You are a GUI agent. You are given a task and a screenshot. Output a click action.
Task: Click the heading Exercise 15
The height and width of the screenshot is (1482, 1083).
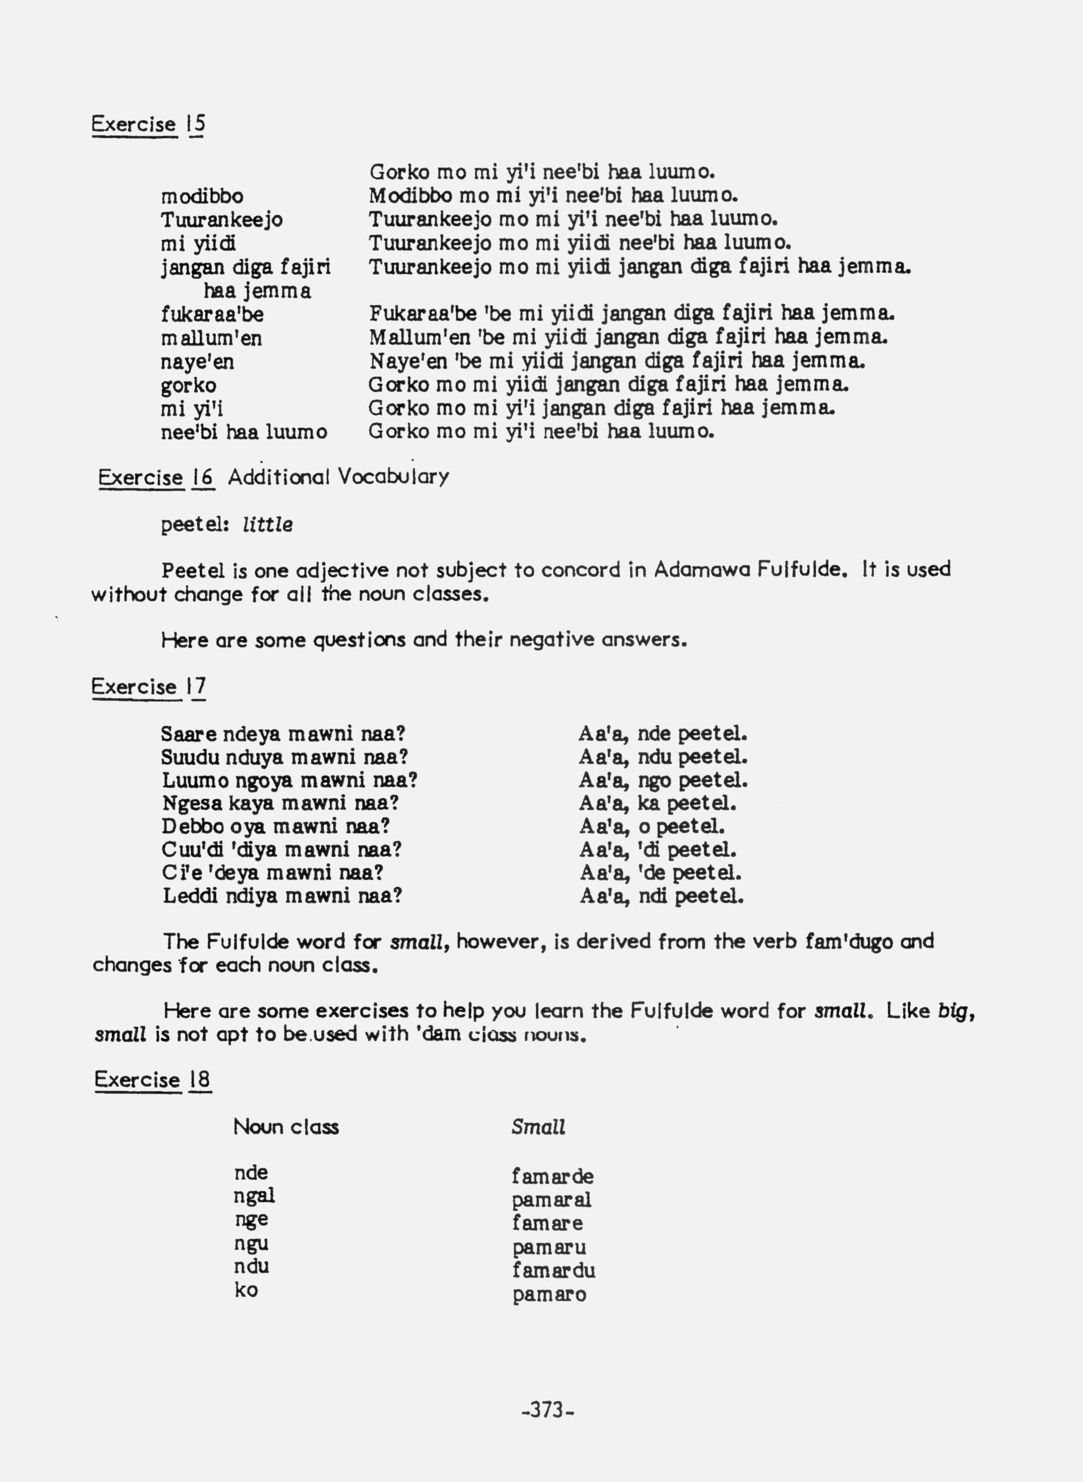click(148, 124)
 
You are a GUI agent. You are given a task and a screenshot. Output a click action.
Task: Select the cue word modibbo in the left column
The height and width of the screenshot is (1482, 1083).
click(202, 196)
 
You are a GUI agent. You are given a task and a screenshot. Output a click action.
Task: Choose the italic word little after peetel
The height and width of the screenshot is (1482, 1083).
click(268, 525)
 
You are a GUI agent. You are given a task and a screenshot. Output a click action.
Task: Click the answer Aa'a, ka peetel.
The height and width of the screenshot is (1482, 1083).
click(657, 803)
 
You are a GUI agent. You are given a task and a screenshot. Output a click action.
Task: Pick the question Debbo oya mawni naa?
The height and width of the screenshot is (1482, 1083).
click(275, 826)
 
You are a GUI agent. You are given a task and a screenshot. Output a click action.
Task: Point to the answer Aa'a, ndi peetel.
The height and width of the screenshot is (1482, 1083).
click(661, 896)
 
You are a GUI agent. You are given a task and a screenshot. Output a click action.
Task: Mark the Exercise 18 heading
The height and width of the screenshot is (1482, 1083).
click(152, 1080)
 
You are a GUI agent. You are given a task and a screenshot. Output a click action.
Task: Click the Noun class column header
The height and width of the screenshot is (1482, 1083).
click(286, 1127)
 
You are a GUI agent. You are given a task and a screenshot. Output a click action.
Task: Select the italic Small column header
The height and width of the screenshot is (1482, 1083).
click(538, 1127)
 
